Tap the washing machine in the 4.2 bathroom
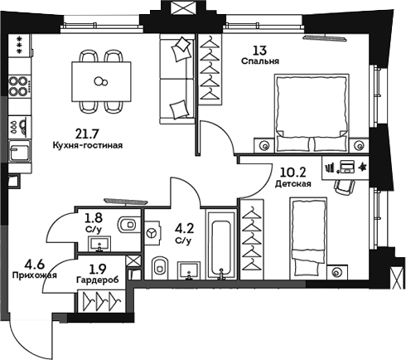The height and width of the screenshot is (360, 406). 152,236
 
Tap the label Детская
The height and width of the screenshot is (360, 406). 292,184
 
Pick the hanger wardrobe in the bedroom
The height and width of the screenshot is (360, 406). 212,70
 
